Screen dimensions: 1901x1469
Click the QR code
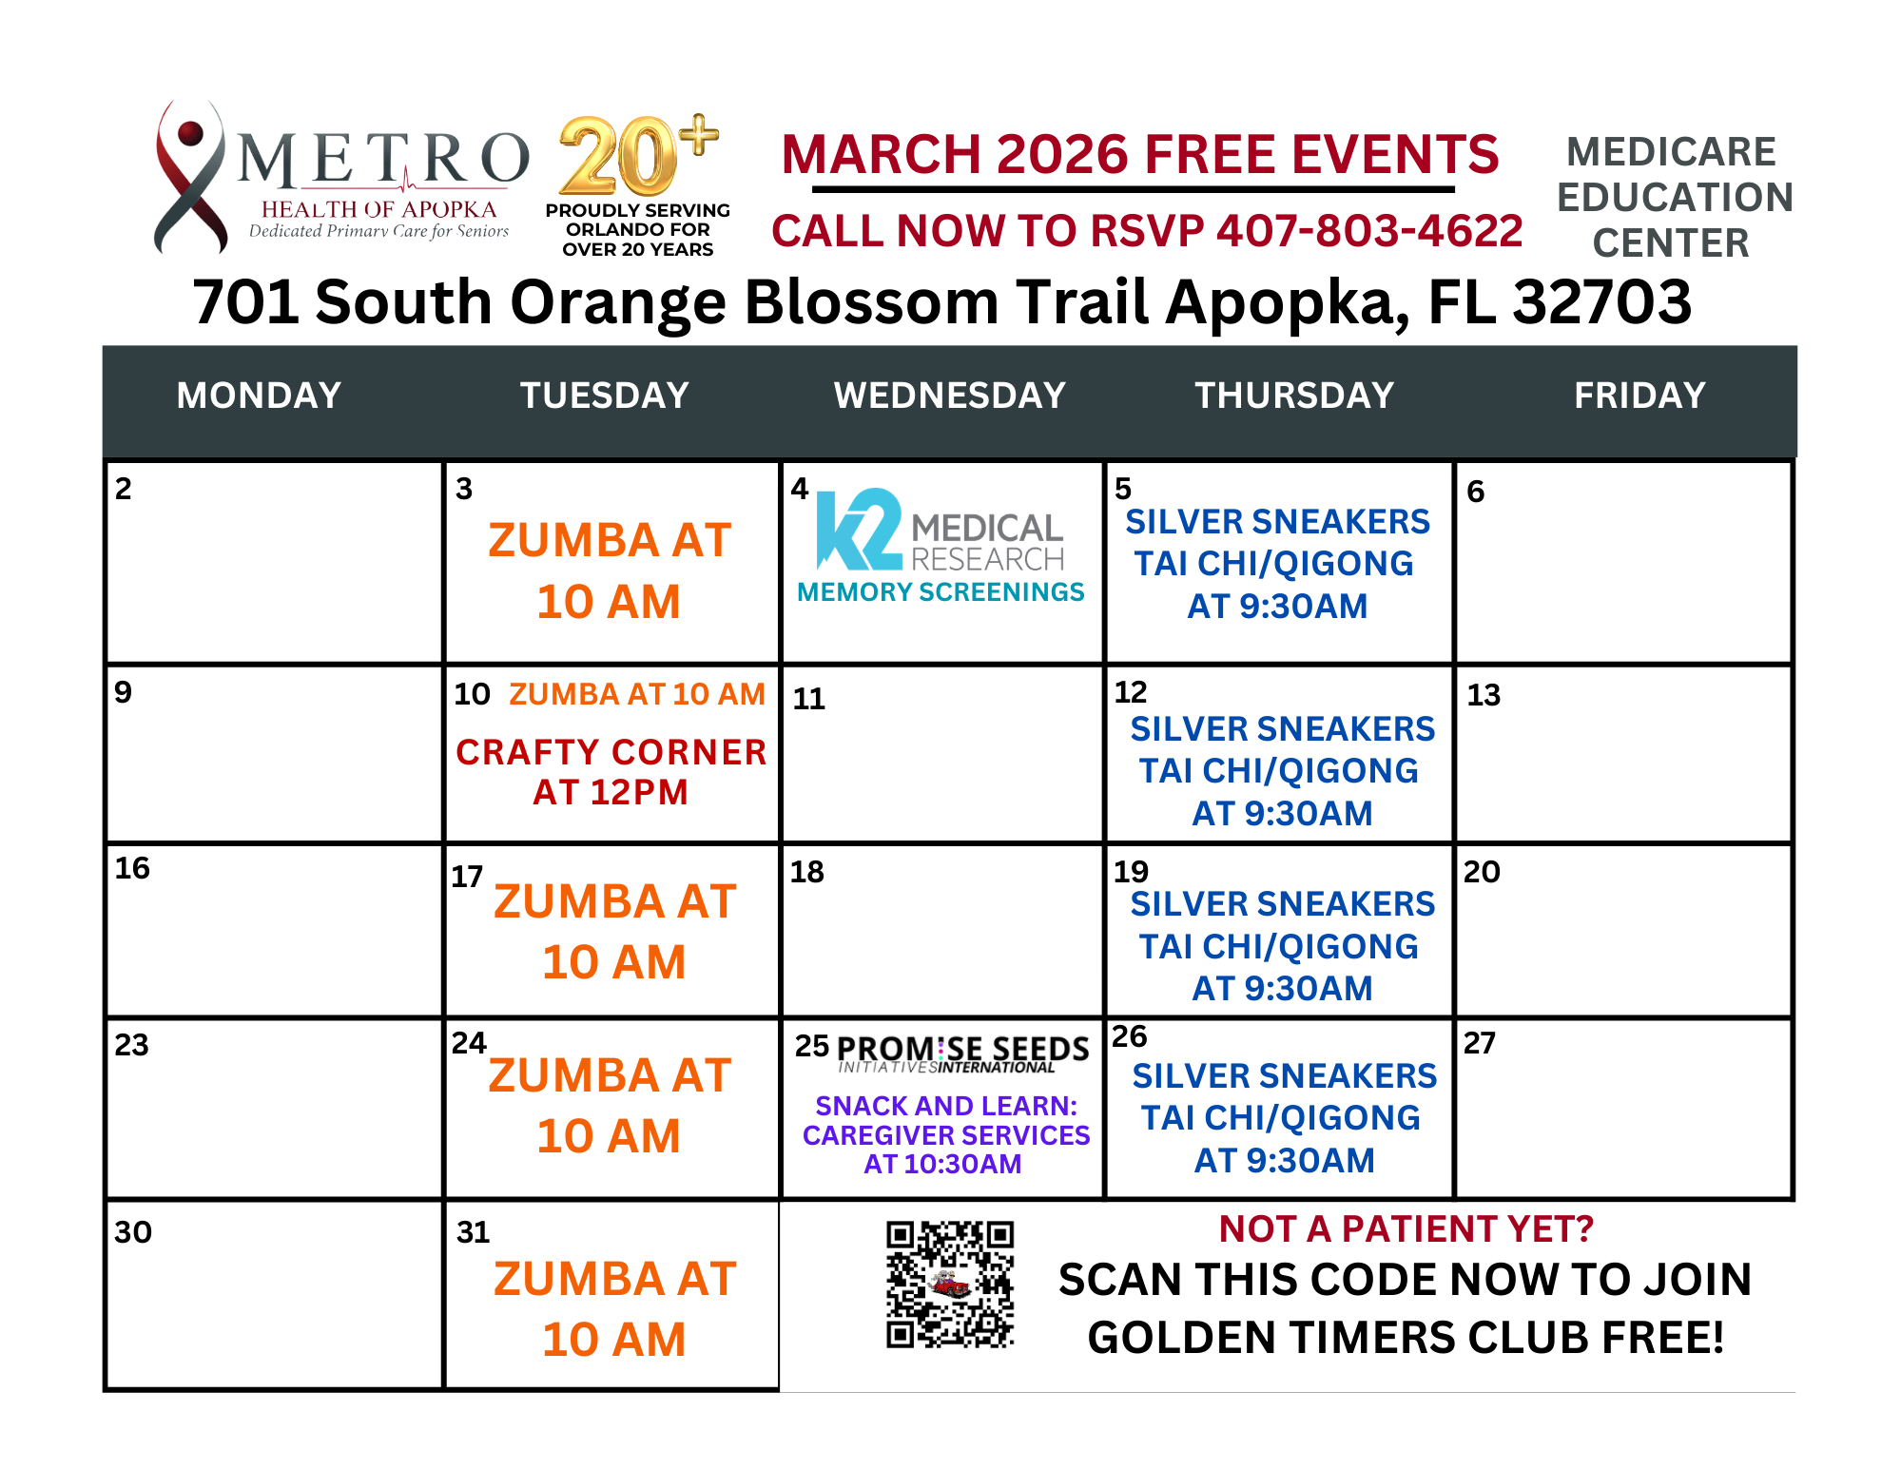coord(950,1285)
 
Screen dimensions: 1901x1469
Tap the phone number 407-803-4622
coord(1369,231)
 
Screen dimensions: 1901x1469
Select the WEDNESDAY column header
coord(950,396)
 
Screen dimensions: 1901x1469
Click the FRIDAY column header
coord(1639,396)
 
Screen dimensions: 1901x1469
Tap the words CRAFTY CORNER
coord(611,752)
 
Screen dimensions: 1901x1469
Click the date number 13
coord(1483,695)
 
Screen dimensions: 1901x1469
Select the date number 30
coord(133,1232)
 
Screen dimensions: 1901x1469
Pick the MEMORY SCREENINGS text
coord(941,592)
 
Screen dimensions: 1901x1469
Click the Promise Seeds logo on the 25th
coord(963,1053)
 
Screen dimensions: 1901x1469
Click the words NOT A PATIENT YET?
coord(1406,1229)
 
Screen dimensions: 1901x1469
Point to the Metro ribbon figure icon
coord(191,177)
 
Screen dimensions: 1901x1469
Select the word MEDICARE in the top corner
coord(1671,152)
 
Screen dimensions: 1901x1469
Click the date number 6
coord(1475,492)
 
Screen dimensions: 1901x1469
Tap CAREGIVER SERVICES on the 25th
coord(946,1135)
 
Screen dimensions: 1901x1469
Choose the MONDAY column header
coord(259,396)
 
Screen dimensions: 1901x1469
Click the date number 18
coord(807,872)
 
